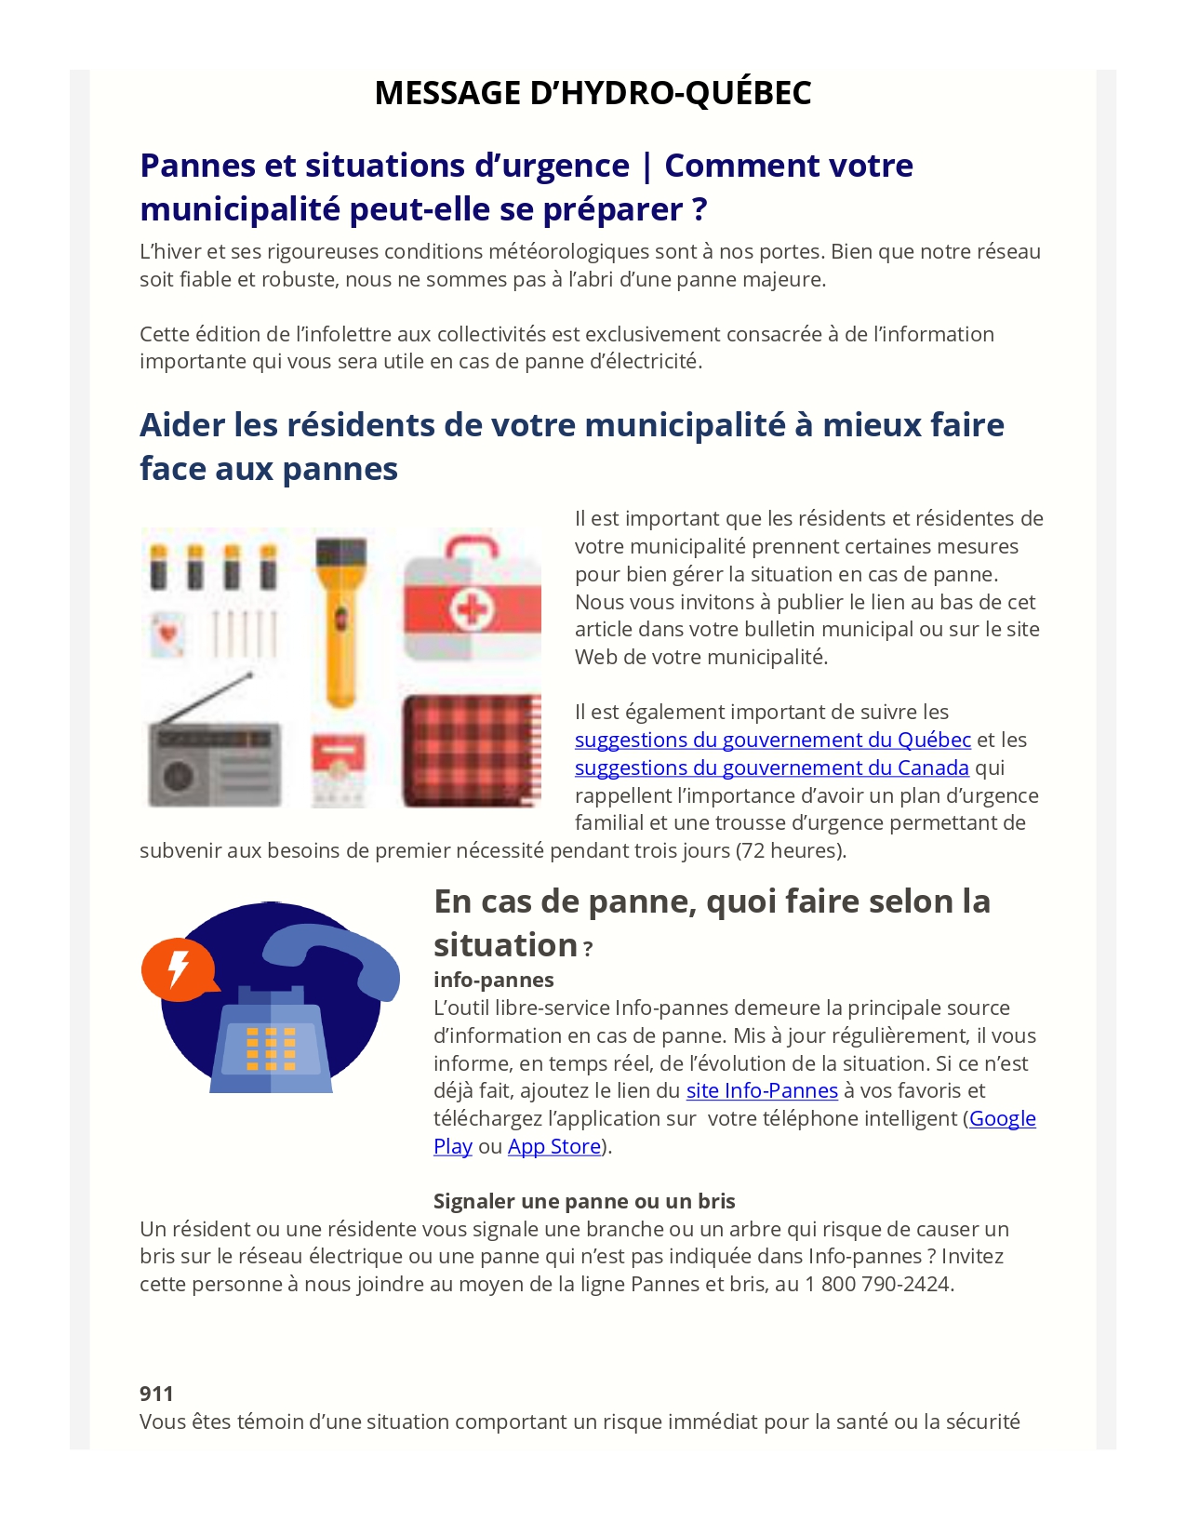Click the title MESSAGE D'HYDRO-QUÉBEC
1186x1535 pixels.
coord(593,93)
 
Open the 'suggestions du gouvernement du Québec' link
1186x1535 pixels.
coord(772,741)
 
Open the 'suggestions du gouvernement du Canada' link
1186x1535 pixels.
coord(771,768)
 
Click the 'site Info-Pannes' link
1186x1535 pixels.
coord(762,1091)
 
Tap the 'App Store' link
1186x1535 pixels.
coord(554,1147)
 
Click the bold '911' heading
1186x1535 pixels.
coord(156,1394)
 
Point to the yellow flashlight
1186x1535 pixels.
coord(339,623)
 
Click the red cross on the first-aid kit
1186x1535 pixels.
coord(473,610)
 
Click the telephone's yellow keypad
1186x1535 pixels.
coord(271,1048)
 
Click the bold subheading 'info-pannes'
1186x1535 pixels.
coord(493,981)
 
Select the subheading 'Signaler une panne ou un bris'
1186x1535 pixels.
coord(584,1202)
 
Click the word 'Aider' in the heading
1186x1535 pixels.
coord(181,426)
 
